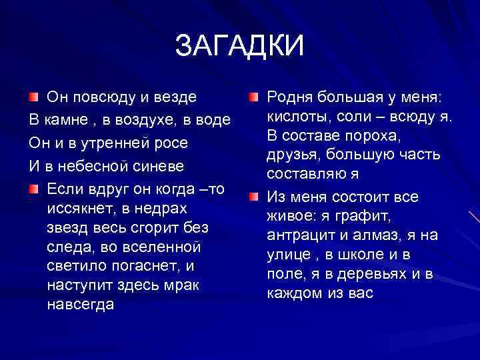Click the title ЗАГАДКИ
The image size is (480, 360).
239,46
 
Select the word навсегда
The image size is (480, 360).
81,305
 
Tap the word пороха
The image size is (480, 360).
383,137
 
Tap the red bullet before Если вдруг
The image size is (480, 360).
33,189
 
